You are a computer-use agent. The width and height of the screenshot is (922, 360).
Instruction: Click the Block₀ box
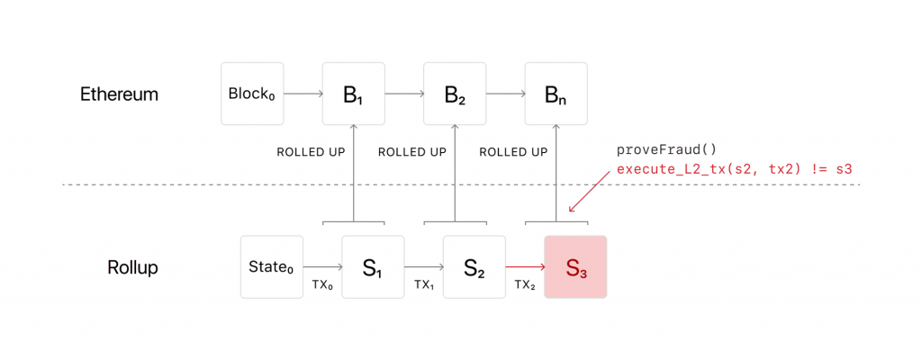point(252,94)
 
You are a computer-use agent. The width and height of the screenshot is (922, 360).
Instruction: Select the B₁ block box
point(354,94)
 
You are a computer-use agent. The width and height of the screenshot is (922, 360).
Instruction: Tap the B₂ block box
point(455,94)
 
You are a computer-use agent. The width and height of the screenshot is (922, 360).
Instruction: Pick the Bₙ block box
point(556,94)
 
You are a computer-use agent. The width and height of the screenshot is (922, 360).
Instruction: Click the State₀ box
point(272,266)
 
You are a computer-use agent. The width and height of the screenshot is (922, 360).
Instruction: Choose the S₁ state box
point(373,266)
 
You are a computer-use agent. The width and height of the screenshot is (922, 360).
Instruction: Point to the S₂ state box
point(475,266)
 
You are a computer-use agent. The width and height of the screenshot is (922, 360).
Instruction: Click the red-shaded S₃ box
point(575,266)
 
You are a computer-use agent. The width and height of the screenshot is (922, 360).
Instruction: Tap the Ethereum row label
point(119,94)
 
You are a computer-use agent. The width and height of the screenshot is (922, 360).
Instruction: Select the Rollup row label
point(133,267)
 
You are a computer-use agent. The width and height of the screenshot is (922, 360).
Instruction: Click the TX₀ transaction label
point(323,284)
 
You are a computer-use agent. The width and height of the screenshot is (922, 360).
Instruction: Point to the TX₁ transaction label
point(424,284)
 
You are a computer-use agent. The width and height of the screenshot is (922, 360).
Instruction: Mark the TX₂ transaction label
point(526,284)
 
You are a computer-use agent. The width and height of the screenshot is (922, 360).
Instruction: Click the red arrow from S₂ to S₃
point(525,266)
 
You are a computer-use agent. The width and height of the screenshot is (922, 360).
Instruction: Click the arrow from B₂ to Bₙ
point(505,94)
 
